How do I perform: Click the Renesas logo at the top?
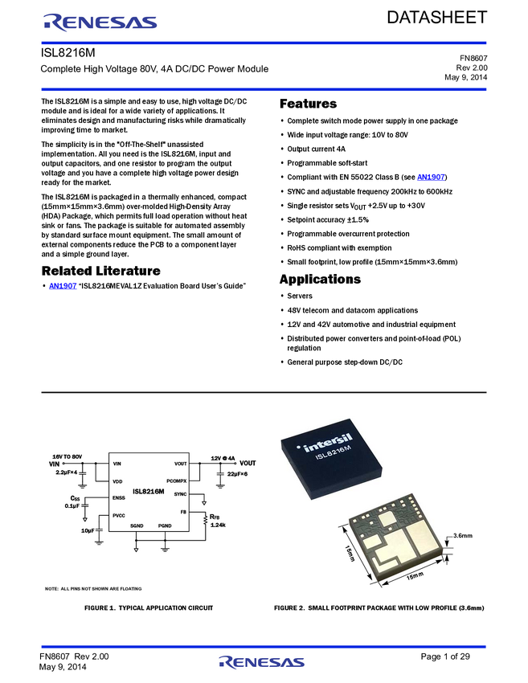(x=100, y=22)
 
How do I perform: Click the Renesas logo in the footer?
(x=262, y=663)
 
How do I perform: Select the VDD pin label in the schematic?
(x=117, y=481)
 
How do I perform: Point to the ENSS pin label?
(x=119, y=498)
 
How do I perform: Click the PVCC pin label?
(x=119, y=516)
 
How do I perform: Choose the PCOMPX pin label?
(x=177, y=481)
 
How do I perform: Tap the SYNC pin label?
(x=180, y=494)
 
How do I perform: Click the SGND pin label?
(x=137, y=525)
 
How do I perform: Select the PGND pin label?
(x=165, y=525)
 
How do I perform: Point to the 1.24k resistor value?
(x=218, y=525)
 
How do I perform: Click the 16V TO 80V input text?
(x=68, y=456)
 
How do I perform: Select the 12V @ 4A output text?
(x=222, y=457)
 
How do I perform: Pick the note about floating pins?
(x=92, y=589)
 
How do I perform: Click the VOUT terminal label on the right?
(x=248, y=464)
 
